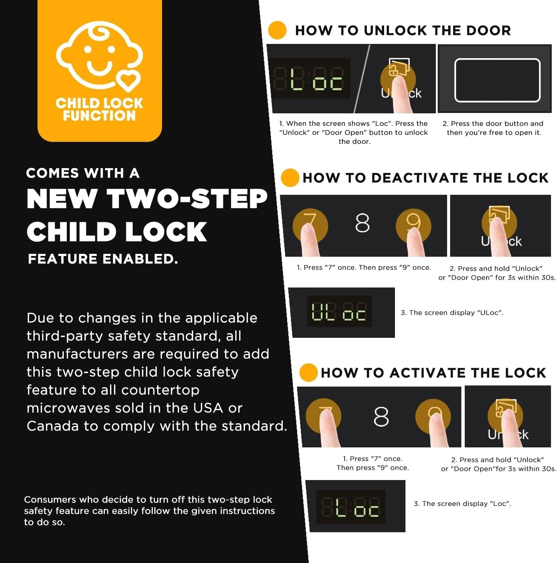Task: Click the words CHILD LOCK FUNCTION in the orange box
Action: point(99,109)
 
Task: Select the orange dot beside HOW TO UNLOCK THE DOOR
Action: point(278,30)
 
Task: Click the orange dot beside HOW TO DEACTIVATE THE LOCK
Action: point(290,178)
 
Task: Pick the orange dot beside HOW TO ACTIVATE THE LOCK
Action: point(308,373)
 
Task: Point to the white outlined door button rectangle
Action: point(497,80)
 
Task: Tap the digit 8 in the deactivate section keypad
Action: point(362,223)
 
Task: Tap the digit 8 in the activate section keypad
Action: point(381,417)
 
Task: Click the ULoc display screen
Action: point(339,312)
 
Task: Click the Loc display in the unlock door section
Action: point(311,78)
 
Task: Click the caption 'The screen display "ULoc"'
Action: point(452,313)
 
